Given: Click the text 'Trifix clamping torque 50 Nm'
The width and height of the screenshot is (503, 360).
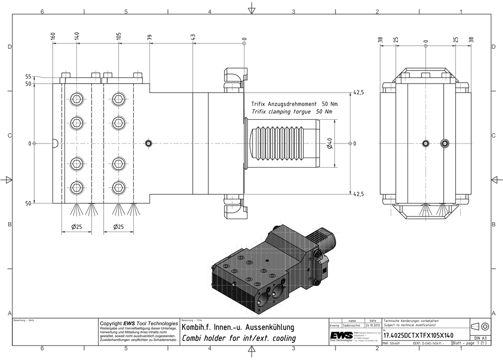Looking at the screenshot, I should (292, 111).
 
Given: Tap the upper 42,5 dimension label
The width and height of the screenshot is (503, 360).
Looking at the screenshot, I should (359, 93).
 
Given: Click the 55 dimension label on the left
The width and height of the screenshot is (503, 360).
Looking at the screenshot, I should (28, 77).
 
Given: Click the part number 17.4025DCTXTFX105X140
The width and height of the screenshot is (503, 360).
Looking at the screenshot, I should (418, 335).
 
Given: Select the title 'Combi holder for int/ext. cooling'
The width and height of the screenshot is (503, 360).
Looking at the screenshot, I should (238, 338).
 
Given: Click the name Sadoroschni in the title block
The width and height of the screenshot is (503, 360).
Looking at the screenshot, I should (352, 325).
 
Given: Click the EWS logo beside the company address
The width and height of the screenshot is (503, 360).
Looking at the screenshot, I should (341, 336).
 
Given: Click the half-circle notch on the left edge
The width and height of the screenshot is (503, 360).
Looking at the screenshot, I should (55, 143).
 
